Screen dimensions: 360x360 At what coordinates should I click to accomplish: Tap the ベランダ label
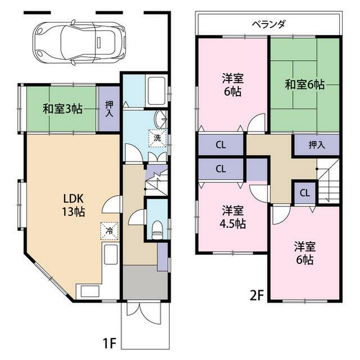[x=268, y=24]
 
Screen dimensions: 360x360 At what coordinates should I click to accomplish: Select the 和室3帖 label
[x=62, y=109]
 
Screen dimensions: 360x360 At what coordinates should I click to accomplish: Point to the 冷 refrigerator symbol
[x=110, y=230]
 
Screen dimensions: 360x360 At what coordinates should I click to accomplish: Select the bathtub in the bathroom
[x=156, y=91]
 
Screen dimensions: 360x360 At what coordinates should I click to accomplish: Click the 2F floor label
[x=256, y=295]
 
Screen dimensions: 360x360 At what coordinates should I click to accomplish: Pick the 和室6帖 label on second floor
[x=304, y=85]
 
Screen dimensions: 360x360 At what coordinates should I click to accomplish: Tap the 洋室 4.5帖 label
[x=232, y=217]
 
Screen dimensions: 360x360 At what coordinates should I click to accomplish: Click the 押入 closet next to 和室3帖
[x=109, y=109]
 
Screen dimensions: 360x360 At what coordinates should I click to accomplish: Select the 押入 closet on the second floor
[x=317, y=145]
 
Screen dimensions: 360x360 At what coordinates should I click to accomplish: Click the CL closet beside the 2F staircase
[x=304, y=193]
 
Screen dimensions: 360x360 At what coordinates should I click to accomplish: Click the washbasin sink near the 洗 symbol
[x=162, y=118]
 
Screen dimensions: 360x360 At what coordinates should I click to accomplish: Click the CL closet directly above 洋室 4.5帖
[x=220, y=168]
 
